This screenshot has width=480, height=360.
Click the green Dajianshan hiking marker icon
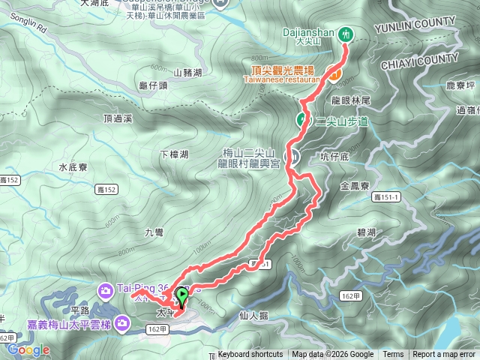click(346, 34)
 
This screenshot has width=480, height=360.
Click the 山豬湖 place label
click(187, 73)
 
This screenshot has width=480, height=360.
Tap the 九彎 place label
click(154, 232)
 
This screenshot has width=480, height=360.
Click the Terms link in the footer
click(393, 355)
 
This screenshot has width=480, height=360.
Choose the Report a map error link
click(444, 355)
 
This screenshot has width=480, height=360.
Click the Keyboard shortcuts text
click(250, 355)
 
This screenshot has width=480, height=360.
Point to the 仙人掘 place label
click(258, 316)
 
